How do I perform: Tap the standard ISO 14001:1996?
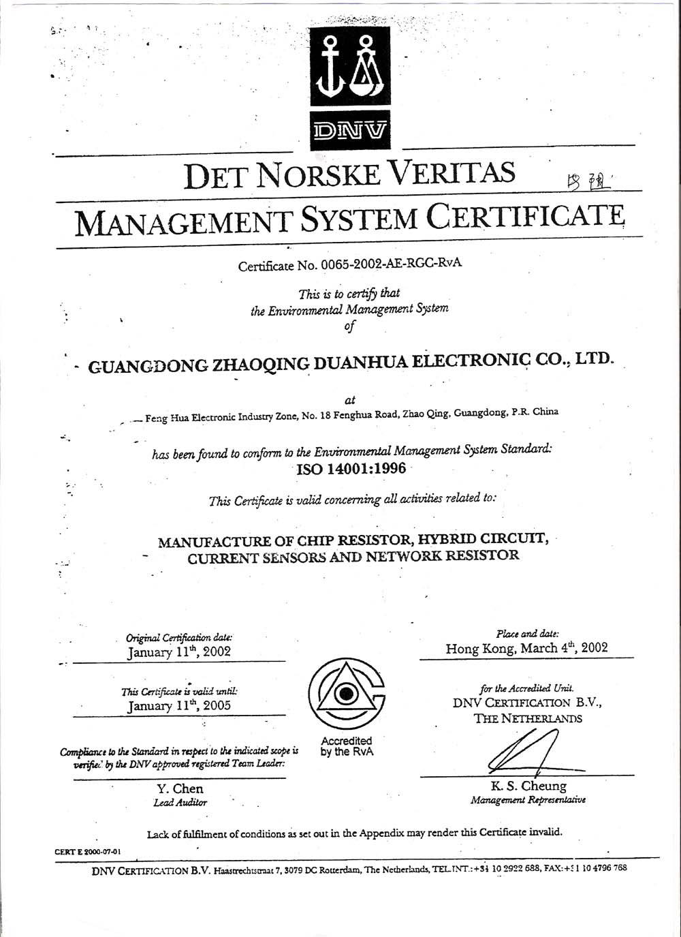[x=351, y=469]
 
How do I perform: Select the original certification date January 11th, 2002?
[x=179, y=651]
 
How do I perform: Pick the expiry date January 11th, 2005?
[x=179, y=705]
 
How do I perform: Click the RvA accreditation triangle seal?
[x=347, y=695]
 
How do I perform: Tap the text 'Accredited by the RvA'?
[x=347, y=746]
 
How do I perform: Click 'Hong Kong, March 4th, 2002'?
[x=526, y=648]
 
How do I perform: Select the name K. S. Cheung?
[x=528, y=786]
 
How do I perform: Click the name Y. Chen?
[x=180, y=788]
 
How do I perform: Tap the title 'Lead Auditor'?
[x=180, y=803]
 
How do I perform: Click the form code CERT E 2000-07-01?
[x=88, y=851]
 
